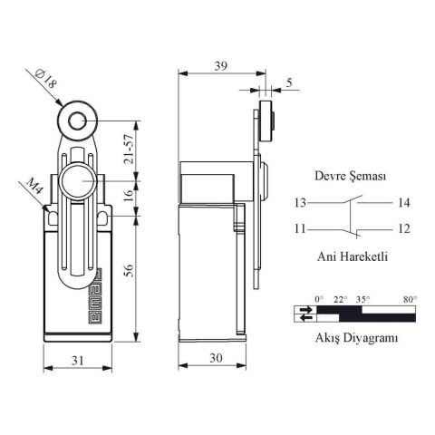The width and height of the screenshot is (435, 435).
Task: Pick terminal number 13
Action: (x=300, y=202)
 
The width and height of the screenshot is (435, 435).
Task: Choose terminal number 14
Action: (x=404, y=202)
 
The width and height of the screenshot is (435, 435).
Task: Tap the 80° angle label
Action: (x=410, y=299)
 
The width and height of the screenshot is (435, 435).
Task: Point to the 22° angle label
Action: (x=340, y=299)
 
